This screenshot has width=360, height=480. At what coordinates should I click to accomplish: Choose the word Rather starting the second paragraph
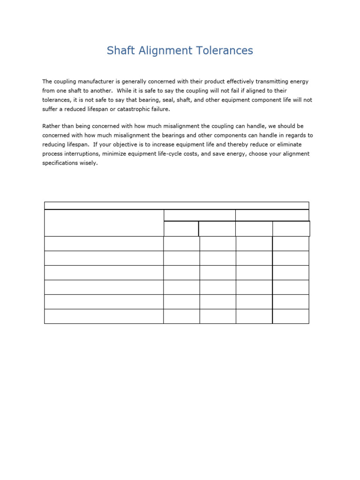51,127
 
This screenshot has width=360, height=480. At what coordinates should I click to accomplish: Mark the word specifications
61,164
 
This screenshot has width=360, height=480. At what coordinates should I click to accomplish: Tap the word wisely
90,164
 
